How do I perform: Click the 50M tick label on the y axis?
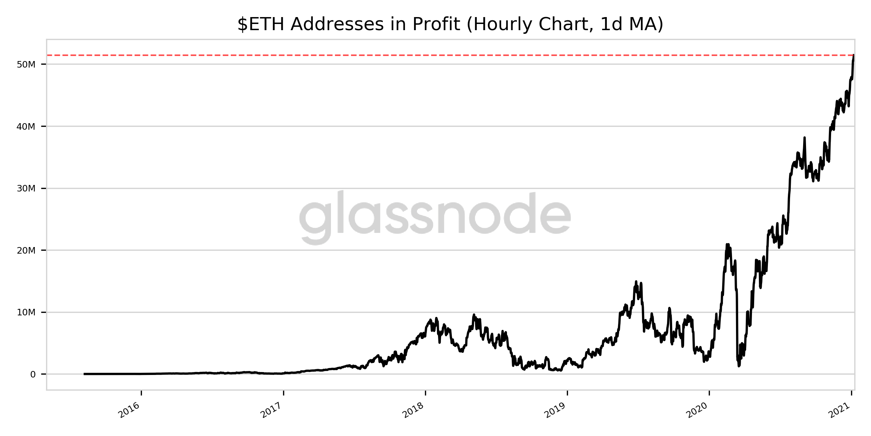26,65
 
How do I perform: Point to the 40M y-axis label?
26,127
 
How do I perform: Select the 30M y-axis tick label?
26,189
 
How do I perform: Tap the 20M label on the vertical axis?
26,251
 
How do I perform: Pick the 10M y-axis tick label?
26,312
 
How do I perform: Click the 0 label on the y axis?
33,375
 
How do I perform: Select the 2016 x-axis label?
129,410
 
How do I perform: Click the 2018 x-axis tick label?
413,410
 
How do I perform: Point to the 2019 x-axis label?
555,410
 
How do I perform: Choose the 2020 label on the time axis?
697,410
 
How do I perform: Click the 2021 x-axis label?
839,410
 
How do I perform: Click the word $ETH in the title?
261,25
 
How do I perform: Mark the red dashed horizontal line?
435,55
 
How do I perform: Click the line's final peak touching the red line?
853,56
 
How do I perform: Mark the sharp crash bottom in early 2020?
739,366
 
